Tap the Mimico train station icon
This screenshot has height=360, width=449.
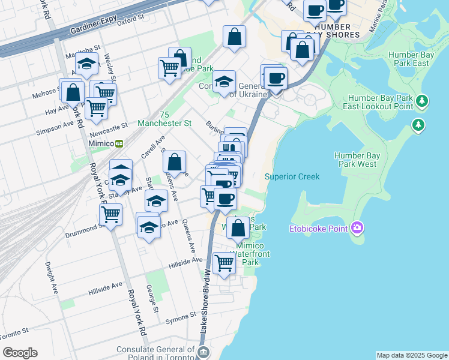click(x=120, y=144)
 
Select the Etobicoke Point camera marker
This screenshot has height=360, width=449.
click(x=358, y=227)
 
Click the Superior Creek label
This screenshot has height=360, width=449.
click(x=292, y=176)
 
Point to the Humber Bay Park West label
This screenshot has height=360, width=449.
click(x=355, y=160)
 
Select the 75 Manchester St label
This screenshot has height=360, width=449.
click(x=164, y=119)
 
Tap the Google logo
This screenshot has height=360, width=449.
click(x=20, y=353)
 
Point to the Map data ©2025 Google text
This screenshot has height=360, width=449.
click(x=412, y=355)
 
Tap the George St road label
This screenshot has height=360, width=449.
click(x=152, y=298)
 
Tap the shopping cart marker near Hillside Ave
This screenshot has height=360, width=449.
click(x=224, y=262)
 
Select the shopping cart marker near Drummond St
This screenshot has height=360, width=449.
click(x=111, y=214)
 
